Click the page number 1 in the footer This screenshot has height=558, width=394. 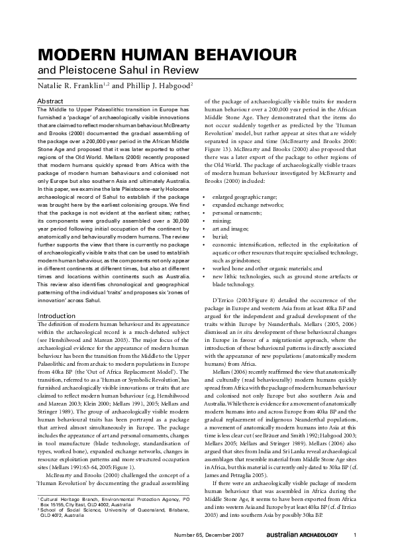click(356, 535)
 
